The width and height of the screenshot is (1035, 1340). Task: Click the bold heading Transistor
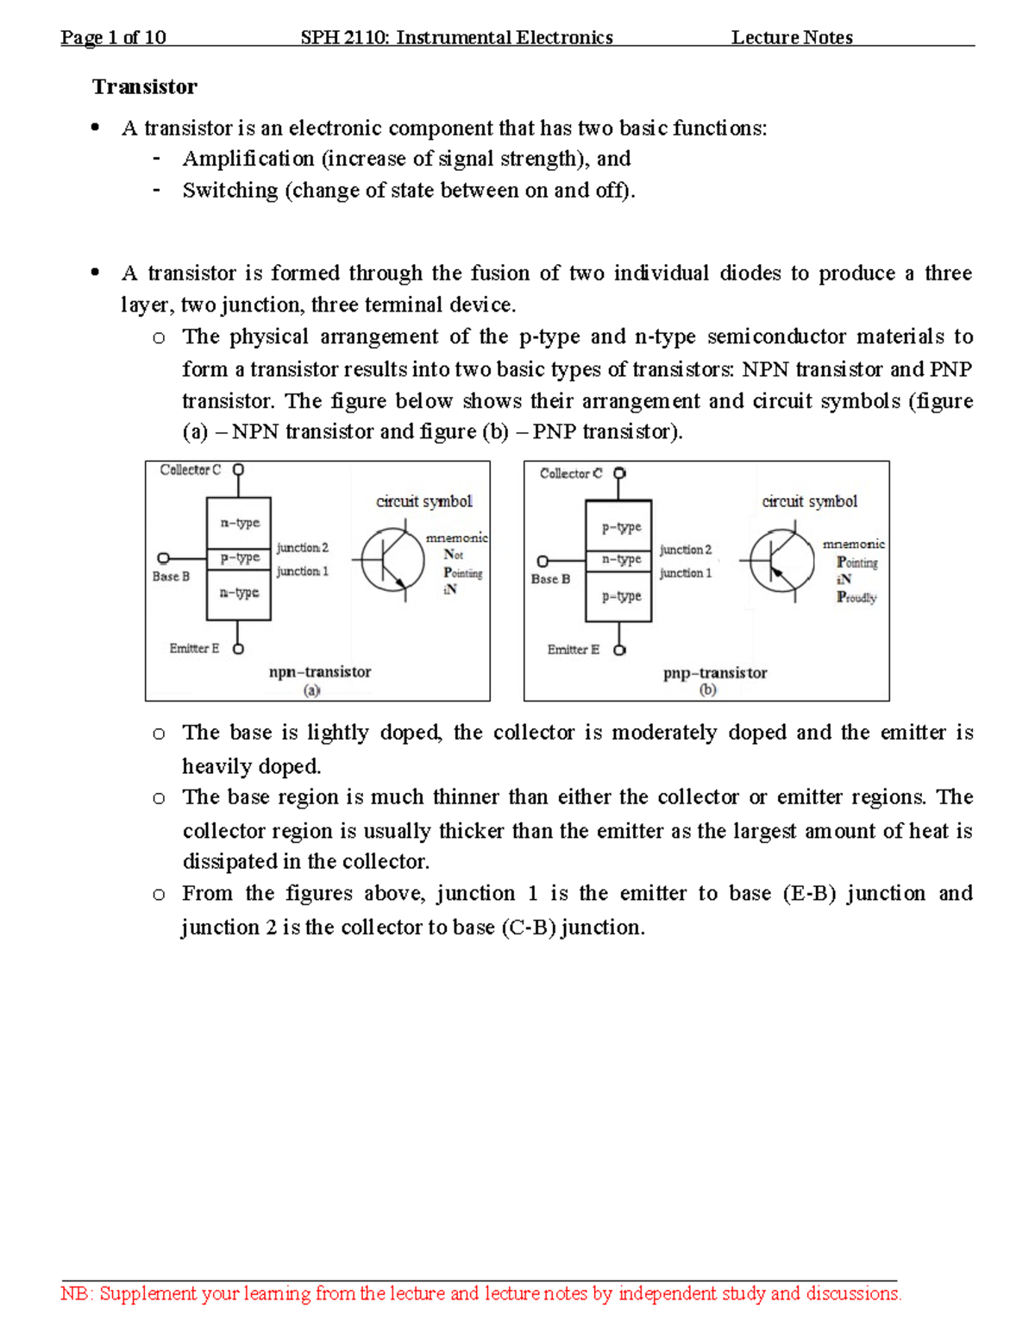coord(145,87)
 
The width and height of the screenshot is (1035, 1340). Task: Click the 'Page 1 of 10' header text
coord(113,37)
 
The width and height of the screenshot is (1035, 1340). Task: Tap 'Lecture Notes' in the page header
coord(792,37)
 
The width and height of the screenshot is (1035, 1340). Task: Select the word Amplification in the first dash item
coord(248,159)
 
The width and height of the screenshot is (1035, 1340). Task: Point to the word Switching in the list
coord(230,191)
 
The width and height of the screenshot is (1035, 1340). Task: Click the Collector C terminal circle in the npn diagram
coord(239,470)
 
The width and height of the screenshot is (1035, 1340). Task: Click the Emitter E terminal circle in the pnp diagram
coord(619,650)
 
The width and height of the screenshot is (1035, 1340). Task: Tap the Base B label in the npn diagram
coord(171,576)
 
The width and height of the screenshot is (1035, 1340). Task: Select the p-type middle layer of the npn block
coord(240,557)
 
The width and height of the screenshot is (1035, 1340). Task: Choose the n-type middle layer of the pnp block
coord(621,559)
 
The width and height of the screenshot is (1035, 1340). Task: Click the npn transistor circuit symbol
coord(392,561)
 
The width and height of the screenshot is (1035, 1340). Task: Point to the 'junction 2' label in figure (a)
coord(302,548)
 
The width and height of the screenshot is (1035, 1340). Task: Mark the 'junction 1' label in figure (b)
coord(686,573)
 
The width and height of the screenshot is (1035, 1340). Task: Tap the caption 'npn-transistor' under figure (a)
coord(320,672)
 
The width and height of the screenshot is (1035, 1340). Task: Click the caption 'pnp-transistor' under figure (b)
coord(715,673)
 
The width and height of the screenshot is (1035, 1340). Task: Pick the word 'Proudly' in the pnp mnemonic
coord(856,598)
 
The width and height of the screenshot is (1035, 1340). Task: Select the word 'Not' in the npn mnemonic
coord(454,555)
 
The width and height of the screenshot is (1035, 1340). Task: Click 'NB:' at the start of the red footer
coord(77,1293)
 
